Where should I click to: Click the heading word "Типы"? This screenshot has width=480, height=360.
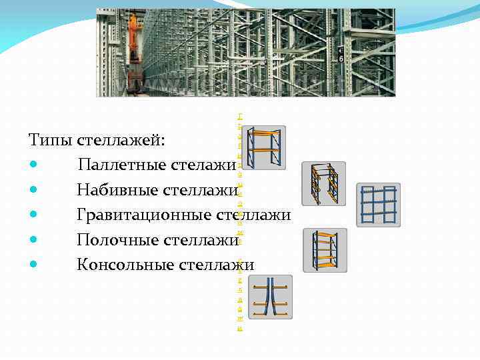[51, 141]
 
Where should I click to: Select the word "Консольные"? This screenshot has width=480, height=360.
[125, 264]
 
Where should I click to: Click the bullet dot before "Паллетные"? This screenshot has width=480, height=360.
[33, 165]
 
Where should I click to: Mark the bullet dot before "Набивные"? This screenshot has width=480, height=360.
[33, 191]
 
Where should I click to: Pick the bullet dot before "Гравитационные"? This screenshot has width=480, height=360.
[33, 215]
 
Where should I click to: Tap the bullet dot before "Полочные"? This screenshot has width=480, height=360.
[33, 240]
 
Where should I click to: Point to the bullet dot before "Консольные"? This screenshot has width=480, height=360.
[33, 265]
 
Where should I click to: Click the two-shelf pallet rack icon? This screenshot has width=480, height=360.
[263, 148]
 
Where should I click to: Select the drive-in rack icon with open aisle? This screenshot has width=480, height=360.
[323, 183]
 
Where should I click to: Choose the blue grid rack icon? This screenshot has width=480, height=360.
[378, 205]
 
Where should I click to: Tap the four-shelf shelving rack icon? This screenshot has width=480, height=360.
[325, 250]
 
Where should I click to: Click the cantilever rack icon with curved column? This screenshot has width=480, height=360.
[270, 297]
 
